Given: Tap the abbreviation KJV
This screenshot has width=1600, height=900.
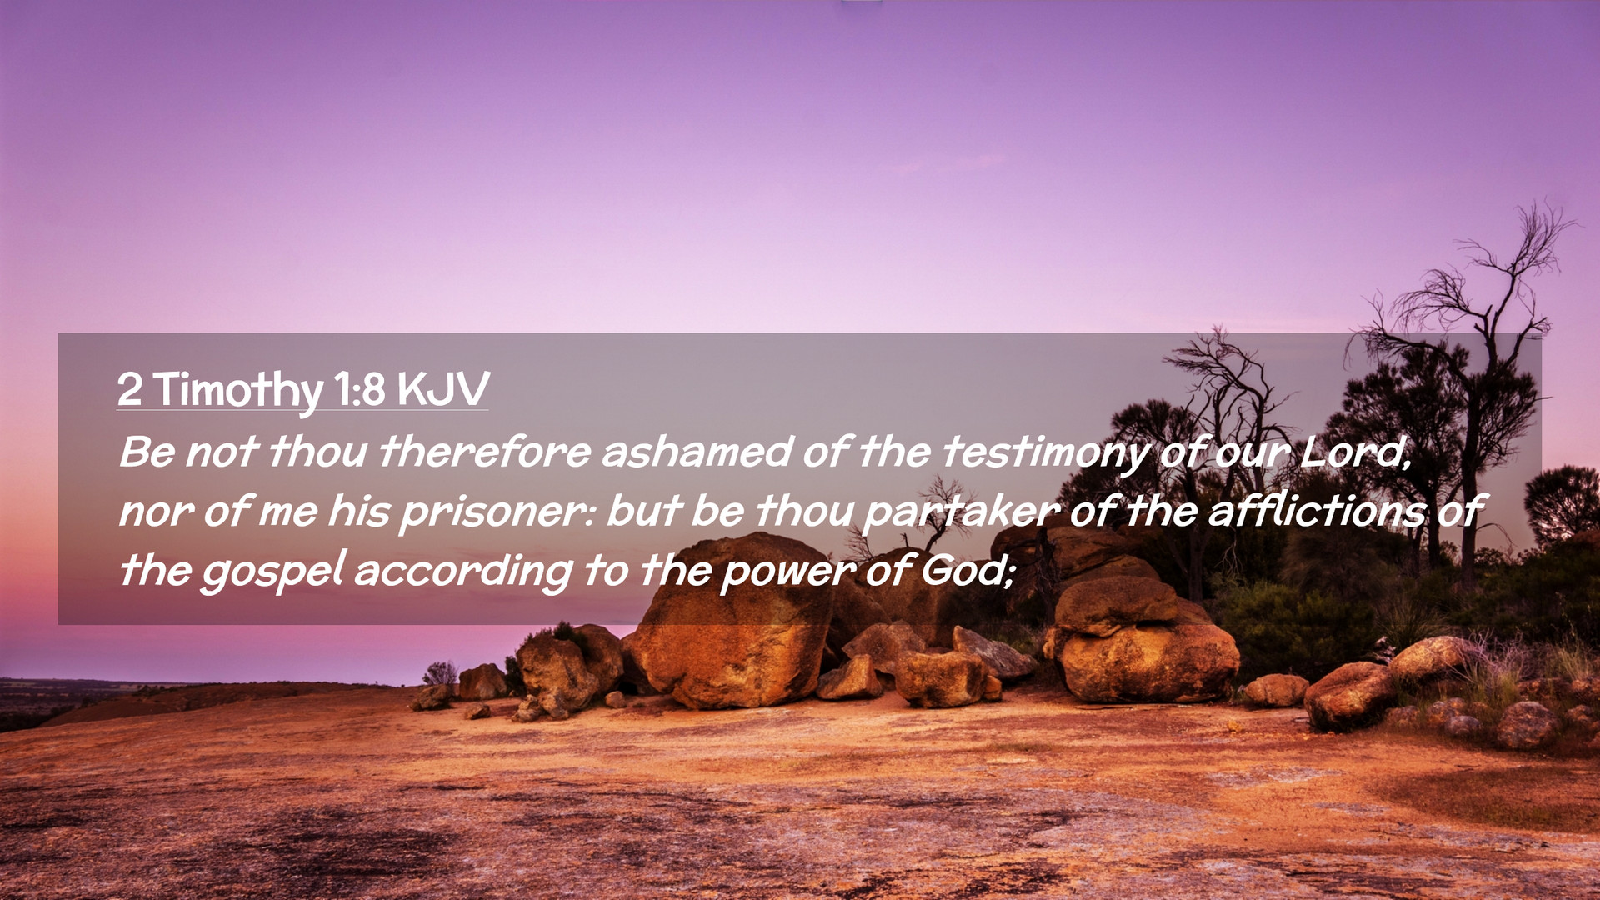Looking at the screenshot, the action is point(443,388).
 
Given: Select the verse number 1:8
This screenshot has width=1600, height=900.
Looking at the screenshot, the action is point(359,389).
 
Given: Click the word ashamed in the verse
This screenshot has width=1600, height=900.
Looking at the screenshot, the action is point(696,452).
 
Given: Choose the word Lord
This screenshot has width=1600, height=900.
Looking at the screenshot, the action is point(1355,452).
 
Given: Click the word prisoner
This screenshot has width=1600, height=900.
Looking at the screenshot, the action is point(497,512).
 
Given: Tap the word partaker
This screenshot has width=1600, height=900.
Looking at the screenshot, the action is point(961,512).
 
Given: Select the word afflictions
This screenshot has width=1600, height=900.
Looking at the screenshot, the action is point(1317,510).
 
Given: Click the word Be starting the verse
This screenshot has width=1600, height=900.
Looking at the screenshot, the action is point(147,452).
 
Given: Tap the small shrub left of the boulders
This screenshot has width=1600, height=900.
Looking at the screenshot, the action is point(439,673).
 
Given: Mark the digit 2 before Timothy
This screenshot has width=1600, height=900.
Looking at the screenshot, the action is point(129,389).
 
